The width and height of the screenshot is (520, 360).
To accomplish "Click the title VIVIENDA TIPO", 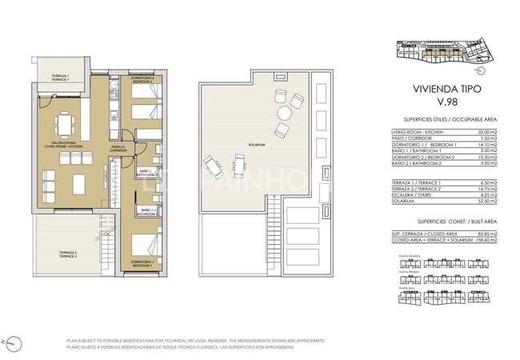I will (x=444, y=90).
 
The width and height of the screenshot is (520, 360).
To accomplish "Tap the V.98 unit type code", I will (x=444, y=104).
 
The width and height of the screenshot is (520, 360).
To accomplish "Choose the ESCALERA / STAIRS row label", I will (x=412, y=194).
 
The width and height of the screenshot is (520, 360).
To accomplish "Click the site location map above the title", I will (x=444, y=54).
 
